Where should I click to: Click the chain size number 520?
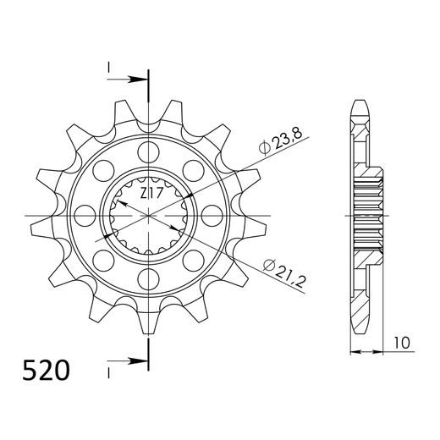pyautogui.click(x=47, y=371)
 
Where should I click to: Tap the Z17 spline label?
pyautogui.click(x=152, y=194)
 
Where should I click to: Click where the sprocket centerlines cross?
pyautogui.click(x=151, y=215)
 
